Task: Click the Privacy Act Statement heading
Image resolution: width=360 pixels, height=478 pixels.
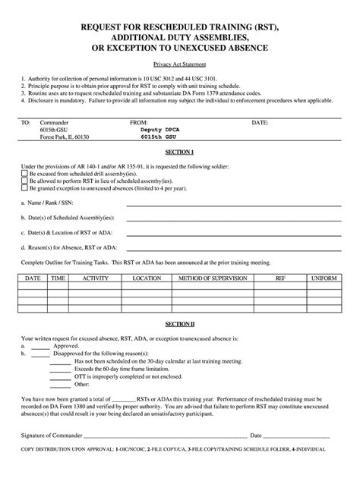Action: [180, 66]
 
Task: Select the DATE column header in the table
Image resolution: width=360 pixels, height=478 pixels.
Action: [33, 278]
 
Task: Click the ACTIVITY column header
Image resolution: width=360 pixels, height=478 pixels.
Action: [96, 278]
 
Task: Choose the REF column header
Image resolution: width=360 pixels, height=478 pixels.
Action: [280, 278]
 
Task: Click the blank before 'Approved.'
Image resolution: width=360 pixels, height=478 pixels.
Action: [41, 344]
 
